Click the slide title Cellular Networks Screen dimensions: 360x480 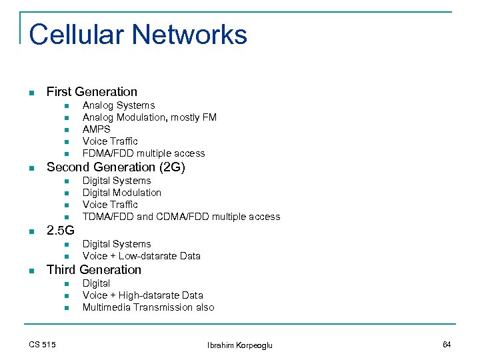(138, 35)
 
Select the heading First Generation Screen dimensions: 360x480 (91, 92)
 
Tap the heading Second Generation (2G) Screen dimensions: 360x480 (115, 167)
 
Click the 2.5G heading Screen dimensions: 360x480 (60, 231)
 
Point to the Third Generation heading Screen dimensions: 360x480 (93, 270)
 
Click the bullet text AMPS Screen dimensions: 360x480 (96, 129)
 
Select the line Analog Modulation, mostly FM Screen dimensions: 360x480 (149, 117)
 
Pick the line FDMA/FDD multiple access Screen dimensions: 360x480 (143, 153)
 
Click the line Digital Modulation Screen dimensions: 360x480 (121, 193)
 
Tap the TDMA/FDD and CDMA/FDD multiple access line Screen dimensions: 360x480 (181, 217)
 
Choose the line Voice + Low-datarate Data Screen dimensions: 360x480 (141, 256)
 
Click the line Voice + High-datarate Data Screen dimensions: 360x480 (143, 295)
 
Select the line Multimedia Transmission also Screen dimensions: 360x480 (148, 307)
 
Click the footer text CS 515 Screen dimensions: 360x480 (42, 344)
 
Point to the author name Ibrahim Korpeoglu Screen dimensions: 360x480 (239, 345)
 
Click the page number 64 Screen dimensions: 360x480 (447, 344)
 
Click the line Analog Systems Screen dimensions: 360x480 (118, 105)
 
